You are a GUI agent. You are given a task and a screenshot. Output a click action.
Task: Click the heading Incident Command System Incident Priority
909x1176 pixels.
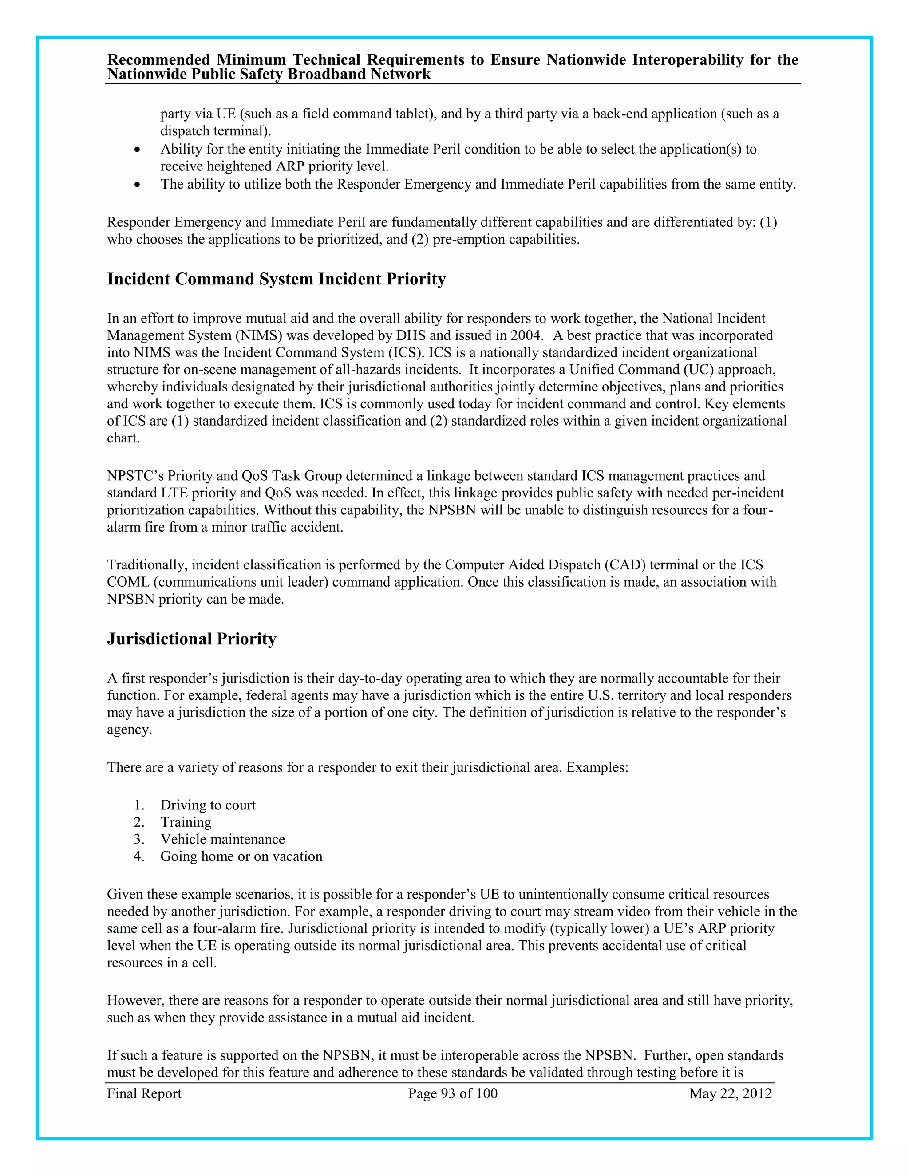click(276, 279)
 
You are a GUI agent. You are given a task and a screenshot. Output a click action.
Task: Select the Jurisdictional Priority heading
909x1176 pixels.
click(191, 639)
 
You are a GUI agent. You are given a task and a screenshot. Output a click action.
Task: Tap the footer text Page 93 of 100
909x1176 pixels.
click(452, 1093)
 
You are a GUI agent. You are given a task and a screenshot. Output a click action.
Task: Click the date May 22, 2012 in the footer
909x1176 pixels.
click(730, 1093)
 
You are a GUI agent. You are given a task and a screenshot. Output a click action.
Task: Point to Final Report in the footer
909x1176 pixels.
click(144, 1093)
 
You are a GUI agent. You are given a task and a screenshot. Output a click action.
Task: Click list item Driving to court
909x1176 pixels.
click(208, 805)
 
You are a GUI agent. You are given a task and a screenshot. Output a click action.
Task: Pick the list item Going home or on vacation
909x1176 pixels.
click(241, 856)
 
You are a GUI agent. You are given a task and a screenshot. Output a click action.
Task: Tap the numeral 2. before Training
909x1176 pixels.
click(139, 822)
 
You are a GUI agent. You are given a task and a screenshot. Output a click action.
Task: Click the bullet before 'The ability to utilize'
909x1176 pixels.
click(138, 185)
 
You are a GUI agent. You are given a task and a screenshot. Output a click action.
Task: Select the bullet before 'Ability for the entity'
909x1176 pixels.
click(138, 149)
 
